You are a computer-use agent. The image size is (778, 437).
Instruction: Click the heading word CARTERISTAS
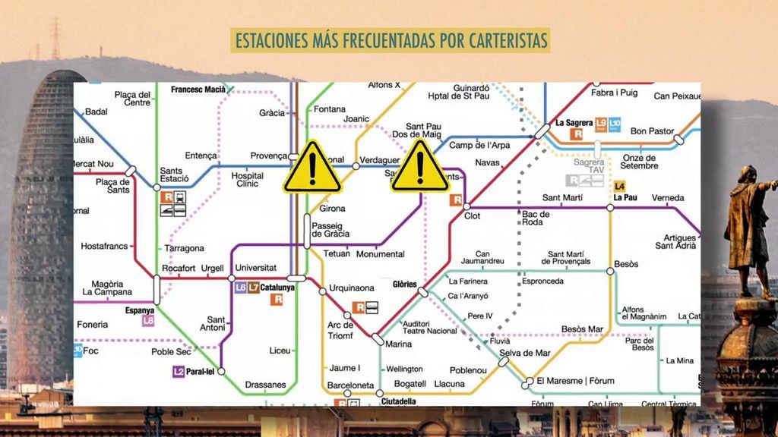click(x=503, y=40)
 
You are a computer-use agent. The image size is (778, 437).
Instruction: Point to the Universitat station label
click(x=256, y=268)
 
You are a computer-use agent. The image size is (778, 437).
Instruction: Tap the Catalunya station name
click(x=277, y=288)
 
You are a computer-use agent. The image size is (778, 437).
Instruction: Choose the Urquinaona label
click(x=351, y=288)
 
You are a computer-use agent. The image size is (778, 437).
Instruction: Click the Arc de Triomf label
click(x=340, y=331)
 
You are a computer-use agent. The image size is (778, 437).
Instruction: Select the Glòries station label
click(x=405, y=285)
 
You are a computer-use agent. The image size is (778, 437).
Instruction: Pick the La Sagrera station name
click(x=574, y=122)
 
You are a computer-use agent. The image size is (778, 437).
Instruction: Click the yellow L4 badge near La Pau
click(x=619, y=186)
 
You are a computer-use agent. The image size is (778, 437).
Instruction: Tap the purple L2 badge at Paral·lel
click(x=179, y=372)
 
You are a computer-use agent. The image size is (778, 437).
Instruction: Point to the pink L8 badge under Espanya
click(x=148, y=321)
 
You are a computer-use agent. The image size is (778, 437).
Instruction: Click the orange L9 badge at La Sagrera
click(x=600, y=123)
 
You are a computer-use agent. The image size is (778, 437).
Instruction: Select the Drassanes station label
click(x=266, y=385)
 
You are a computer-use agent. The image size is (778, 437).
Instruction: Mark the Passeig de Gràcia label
click(x=330, y=230)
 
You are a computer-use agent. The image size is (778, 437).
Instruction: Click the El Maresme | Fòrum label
click(x=575, y=381)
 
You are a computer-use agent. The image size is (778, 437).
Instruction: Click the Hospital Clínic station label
click(x=248, y=180)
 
